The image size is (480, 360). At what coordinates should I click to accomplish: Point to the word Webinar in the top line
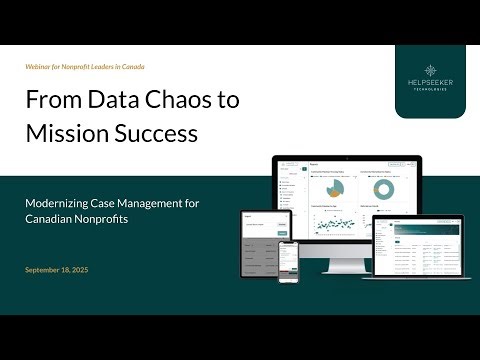pos(41,67)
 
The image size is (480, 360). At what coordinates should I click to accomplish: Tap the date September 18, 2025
pos(64,270)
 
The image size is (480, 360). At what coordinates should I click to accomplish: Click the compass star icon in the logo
pos(429,73)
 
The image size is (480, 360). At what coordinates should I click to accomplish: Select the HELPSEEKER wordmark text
pos(429,95)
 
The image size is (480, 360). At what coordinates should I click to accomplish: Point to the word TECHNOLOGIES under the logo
pos(429,104)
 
